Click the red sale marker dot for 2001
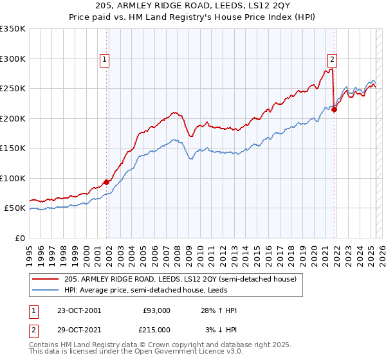(107, 183)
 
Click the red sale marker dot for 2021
(335, 109)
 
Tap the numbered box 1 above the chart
(104, 60)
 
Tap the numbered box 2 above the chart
(332, 60)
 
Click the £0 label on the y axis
(20, 239)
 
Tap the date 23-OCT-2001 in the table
(79, 310)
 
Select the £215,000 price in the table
(154, 329)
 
